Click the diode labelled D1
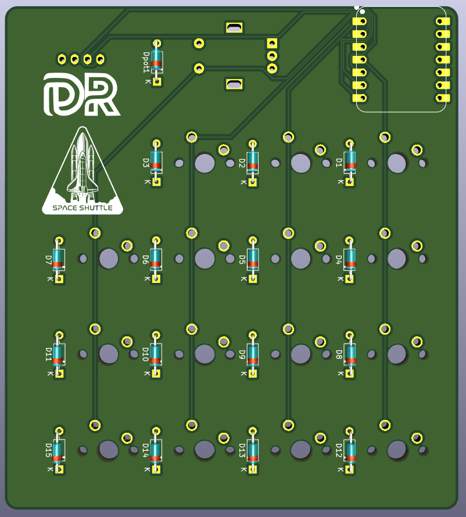coord(349,161)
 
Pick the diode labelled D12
coord(349,450)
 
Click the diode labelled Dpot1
coord(156,61)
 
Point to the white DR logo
coord(81,94)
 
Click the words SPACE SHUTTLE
coord(83,208)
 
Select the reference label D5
coord(243,258)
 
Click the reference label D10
coord(146,354)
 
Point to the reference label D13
coord(243,450)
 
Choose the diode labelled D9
coord(253,354)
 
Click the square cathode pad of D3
coord(156,182)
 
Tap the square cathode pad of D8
coord(349,374)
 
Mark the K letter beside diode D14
coord(146,469)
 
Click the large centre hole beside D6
coord(205,258)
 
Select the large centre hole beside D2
coord(300,163)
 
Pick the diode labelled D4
coord(349,258)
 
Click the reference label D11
coord(49,354)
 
